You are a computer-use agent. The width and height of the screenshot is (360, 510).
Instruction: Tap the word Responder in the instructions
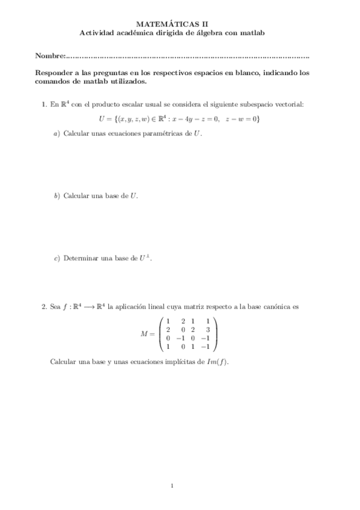coord(56,72)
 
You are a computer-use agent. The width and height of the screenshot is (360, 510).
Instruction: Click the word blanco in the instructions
coord(273,72)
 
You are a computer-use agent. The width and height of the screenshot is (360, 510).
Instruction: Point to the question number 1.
coord(44,104)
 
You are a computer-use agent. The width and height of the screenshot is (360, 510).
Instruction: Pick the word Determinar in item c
coord(81,259)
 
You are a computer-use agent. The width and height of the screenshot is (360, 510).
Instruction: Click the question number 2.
coord(44,307)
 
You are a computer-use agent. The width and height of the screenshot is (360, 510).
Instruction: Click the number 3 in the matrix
coord(207,330)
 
